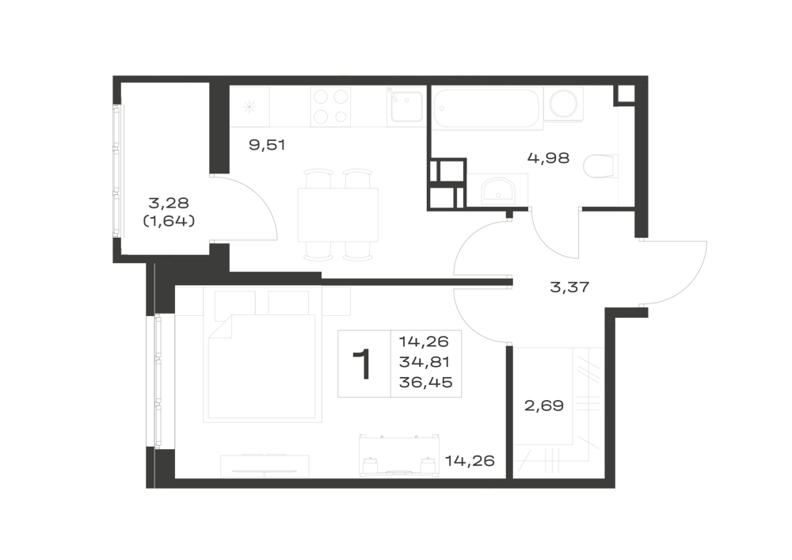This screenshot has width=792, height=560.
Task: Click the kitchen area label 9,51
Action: click(x=267, y=146)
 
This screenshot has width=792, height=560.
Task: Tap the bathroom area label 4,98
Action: click(x=549, y=158)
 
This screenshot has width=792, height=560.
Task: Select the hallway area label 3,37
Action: click(x=569, y=288)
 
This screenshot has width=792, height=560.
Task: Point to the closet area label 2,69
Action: click(x=544, y=406)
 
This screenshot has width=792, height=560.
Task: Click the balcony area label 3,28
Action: click(x=169, y=203)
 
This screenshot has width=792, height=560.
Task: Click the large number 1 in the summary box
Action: click(x=364, y=364)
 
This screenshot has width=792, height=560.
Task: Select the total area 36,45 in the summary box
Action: click(x=426, y=383)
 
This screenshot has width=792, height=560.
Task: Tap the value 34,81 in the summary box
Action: click(x=425, y=362)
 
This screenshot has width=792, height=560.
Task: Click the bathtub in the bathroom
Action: click(x=486, y=108)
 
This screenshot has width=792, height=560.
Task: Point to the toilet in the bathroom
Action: click(x=600, y=166)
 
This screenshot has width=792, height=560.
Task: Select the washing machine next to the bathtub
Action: click(x=564, y=105)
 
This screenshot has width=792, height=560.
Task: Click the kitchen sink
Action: click(x=405, y=107)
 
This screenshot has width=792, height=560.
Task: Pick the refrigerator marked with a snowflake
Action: click(x=249, y=107)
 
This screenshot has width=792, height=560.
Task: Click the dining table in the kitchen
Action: click(x=338, y=215)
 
